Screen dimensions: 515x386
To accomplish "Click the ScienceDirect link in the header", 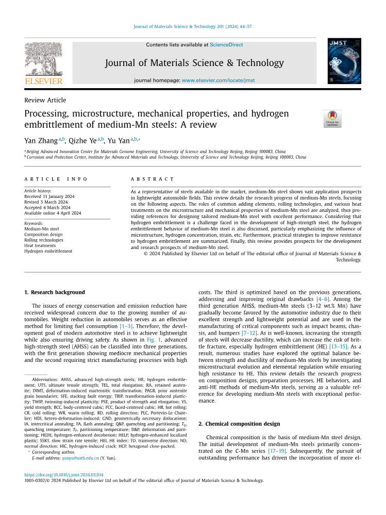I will click(226, 45).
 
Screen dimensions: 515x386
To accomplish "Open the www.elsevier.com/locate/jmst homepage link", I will click(218, 80).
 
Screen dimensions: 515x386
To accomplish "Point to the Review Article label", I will click(45, 100).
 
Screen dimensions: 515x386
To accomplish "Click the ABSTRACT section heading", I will click(153, 179).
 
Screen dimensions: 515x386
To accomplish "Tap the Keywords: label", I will click(33, 223).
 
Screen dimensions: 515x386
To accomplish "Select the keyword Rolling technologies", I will click(44, 240).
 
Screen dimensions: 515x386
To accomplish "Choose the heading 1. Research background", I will click(55, 292).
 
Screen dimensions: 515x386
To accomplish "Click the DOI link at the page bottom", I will click(64, 475).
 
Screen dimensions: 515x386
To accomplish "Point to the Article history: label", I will click(37, 191).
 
